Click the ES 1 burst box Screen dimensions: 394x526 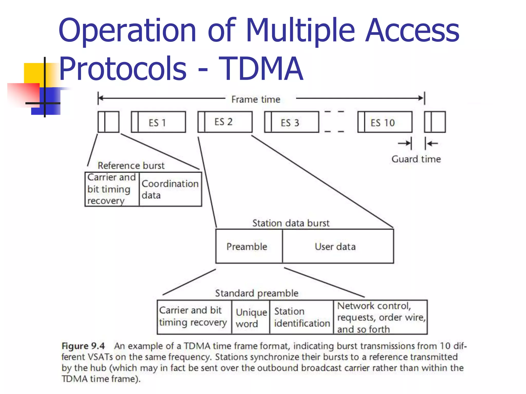(158, 122)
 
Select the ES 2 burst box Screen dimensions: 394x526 (225, 122)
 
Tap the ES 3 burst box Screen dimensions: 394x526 (292, 122)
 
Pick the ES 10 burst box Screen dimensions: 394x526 (385, 122)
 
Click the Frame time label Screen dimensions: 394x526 (256, 99)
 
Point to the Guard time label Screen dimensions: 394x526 (416, 159)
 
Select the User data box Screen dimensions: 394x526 (335, 247)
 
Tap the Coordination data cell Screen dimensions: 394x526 (170, 189)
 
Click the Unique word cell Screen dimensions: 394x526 (251, 318)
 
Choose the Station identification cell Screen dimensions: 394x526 (302, 317)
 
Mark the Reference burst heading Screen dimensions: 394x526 (131, 165)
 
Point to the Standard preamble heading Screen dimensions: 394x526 (257, 293)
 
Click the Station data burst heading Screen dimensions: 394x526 (291, 223)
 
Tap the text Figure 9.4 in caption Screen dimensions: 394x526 (83, 346)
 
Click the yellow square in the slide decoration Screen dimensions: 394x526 (33, 73)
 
